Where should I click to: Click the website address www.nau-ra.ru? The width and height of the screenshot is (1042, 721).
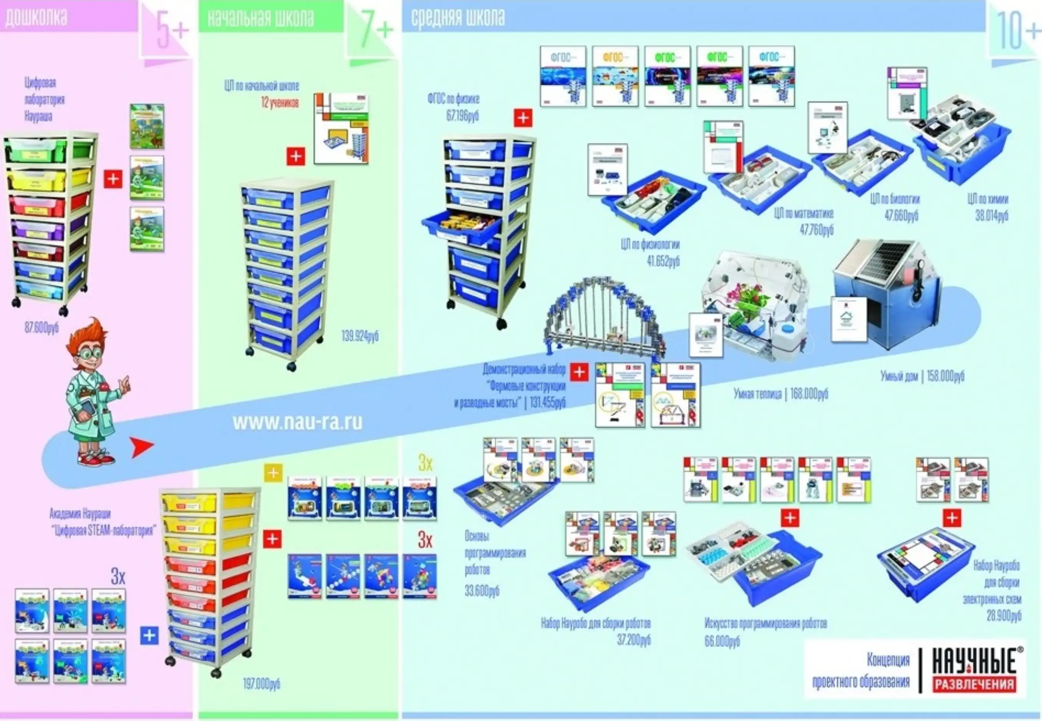coord(297,423)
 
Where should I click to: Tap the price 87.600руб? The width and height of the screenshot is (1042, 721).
coord(41,328)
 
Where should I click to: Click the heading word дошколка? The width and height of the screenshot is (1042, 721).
coord(36,17)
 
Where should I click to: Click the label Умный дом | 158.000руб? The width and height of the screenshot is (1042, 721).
coord(922,376)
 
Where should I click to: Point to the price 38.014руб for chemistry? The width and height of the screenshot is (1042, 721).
coord(991,216)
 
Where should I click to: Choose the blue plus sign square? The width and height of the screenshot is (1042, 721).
coord(149,636)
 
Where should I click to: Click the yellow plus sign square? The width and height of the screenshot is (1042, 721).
coord(273,473)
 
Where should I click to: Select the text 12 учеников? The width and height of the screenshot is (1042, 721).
coord(280,103)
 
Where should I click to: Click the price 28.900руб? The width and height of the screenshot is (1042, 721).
coord(1004,616)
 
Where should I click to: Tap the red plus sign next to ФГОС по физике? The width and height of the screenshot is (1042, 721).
coord(523,118)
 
